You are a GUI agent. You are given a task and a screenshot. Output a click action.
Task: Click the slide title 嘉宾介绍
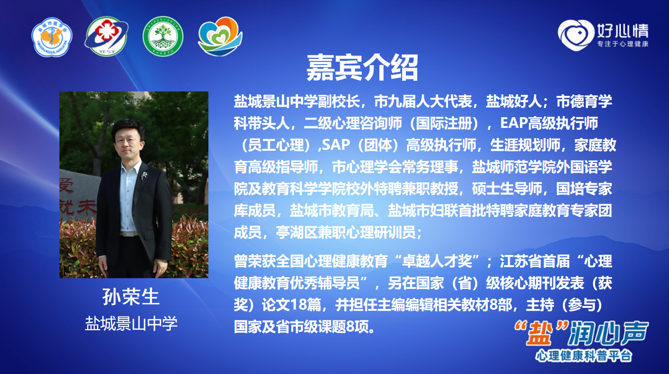[x=362, y=68]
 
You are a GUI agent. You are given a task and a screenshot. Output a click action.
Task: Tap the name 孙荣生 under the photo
[x=131, y=297]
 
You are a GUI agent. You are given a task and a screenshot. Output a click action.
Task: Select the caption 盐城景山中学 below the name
[x=131, y=323]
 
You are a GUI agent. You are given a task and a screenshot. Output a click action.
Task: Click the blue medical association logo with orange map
[x=52, y=36]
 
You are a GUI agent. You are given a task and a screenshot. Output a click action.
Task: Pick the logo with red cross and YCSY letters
[x=106, y=36]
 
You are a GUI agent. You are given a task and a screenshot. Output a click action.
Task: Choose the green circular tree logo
[x=163, y=36]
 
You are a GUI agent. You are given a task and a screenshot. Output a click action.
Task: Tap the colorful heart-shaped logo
[x=221, y=36]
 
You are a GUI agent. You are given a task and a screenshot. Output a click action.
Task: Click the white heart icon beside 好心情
[x=576, y=35]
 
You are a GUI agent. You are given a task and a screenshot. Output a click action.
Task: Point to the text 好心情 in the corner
[x=622, y=30]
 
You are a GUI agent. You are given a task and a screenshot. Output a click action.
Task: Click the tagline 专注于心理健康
[x=623, y=44]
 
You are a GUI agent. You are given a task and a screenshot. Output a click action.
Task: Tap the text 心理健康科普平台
[x=584, y=356]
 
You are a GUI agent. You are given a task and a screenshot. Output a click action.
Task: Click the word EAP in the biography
[x=514, y=123]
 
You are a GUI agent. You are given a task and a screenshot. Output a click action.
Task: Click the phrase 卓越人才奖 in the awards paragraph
[x=437, y=261]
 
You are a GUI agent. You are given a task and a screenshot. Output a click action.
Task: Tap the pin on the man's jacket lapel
[x=144, y=176]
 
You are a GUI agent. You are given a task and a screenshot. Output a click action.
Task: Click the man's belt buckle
[x=129, y=234]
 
